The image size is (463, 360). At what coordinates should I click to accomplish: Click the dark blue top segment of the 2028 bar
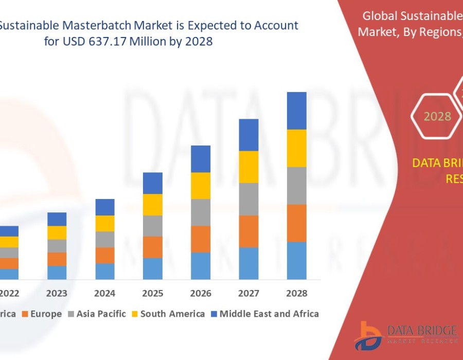click(297, 111)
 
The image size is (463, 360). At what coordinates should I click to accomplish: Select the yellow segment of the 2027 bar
click(249, 167)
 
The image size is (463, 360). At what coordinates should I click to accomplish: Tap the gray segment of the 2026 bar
click(201, 212)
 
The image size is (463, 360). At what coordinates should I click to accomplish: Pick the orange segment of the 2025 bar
click(153, 247)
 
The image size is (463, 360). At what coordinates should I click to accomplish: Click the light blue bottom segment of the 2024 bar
click(105, 271)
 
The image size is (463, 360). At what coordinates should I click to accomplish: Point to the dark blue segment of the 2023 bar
click(57, 219)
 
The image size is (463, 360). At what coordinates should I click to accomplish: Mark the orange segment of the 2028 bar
click(297, 223)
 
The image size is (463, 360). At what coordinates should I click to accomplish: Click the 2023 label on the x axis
click(57, 294)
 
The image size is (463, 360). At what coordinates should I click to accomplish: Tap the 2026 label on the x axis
click(201, 294)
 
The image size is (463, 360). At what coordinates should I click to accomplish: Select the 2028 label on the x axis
click(297, 294)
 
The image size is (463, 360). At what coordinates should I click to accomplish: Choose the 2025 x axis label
click(153, 294)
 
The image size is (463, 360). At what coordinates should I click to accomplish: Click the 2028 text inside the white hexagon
click(437, 116)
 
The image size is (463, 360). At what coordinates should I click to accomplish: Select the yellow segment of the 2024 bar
click(105, 223)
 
